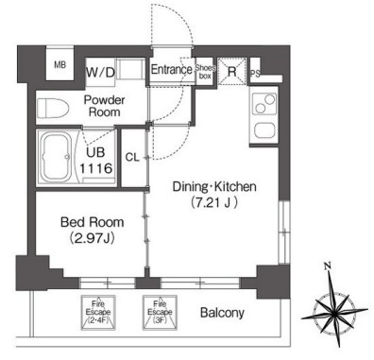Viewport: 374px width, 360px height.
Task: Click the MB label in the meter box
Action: click(x=59, y=65)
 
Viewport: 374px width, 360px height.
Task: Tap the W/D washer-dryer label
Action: click(x=100, y=73)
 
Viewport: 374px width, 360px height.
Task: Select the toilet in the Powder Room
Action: click(x=53, y=108)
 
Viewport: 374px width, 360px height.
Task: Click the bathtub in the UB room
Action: click(x=57, y=157)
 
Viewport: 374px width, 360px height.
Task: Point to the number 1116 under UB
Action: click(x=95, y=168)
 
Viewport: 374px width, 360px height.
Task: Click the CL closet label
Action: click(x=132, y=157)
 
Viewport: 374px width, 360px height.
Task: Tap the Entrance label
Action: click(x=172, y=69)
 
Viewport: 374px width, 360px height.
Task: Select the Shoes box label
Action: click(x=205, y=72)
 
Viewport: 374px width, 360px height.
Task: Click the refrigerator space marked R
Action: click(x=232, y=72)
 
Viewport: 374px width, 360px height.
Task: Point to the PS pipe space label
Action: click(x=255, y=74)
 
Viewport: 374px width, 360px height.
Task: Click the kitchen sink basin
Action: click(x=264, y=130)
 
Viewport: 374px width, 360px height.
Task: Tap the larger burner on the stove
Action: click(x=269, y=99)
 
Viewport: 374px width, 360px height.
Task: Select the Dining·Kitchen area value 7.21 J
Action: click(x=213, y=203)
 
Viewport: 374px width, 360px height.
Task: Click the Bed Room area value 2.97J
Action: click(x=92, y=238)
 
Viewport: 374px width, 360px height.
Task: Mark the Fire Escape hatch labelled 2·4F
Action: click(x=98, y=313)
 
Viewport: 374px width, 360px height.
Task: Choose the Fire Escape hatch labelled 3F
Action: click(x=160, y=313)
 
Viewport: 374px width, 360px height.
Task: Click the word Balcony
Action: click(x=222, y=313)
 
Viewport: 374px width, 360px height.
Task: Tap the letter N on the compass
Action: click(x=328, y=266)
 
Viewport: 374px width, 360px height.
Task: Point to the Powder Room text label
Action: click(x=104, y=106)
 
